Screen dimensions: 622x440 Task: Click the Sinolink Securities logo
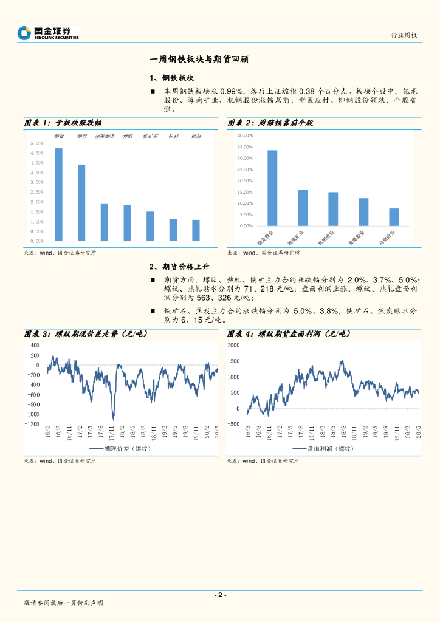49,33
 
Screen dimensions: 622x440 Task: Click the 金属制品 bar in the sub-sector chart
105,222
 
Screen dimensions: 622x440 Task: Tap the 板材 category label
196,137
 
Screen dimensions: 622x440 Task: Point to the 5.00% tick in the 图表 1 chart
36,143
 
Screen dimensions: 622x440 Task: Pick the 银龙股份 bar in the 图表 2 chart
272,188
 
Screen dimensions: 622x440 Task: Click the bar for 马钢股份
394,217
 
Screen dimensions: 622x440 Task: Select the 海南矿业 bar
303,208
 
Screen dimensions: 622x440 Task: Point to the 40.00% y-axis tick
245,135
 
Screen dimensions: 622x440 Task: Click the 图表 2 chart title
271,123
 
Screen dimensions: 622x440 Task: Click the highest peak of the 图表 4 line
342,361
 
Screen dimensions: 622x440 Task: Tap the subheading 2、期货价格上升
179,266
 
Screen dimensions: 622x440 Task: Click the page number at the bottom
220,595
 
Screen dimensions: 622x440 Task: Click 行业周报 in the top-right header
404,35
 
